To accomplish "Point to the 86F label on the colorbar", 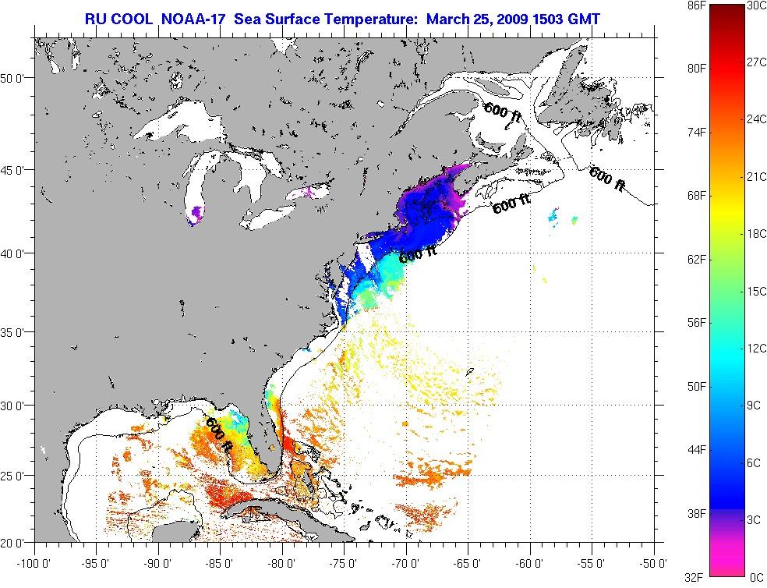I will click(x=675, y=5).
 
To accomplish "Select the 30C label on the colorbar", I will click(x=755, y=5).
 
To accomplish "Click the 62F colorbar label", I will click(x=675, y=259).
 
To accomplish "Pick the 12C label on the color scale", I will click(x=755, y=348).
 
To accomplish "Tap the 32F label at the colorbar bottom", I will click(x=675, y=577).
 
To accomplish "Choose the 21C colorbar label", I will click(x=755, y=176).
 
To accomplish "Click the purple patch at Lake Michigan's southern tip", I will click(x=195, y=213).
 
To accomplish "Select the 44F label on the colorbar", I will click(x=675, y=450).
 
